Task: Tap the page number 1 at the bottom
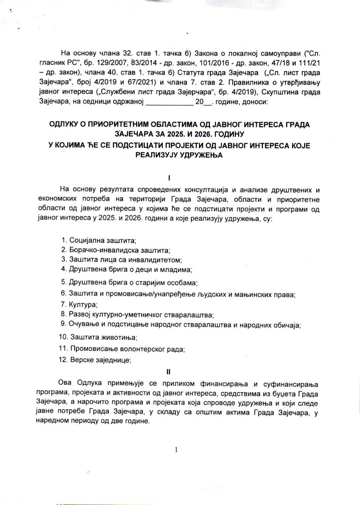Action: (176, 450)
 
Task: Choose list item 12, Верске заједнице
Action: (95, 360)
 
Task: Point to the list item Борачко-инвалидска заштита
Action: (116, 250)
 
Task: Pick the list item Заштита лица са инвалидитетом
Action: (122, 260)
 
